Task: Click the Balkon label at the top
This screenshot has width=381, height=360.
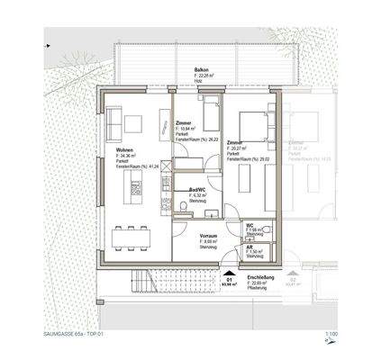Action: pos(189,69)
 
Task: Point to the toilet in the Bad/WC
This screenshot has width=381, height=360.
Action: pos(184,209)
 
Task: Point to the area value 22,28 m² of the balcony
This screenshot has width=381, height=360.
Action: pos(190,76)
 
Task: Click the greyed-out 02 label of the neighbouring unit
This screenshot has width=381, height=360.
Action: pos(294,280)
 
